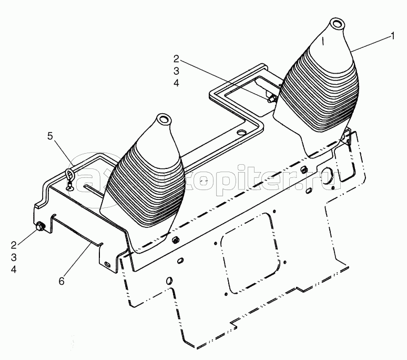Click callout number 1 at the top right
(x=393, y=36)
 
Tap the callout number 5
(x=50, y=136)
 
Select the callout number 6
(x=62, y=281)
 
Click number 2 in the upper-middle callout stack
(x=176, y=59)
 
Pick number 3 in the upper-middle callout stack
(x=176, y=71)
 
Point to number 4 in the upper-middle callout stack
(x=176, y=83)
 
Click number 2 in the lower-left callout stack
(x=14, y=245)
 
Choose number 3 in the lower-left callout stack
(x=14, y=257)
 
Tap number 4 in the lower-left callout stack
(x=14, y=269)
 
